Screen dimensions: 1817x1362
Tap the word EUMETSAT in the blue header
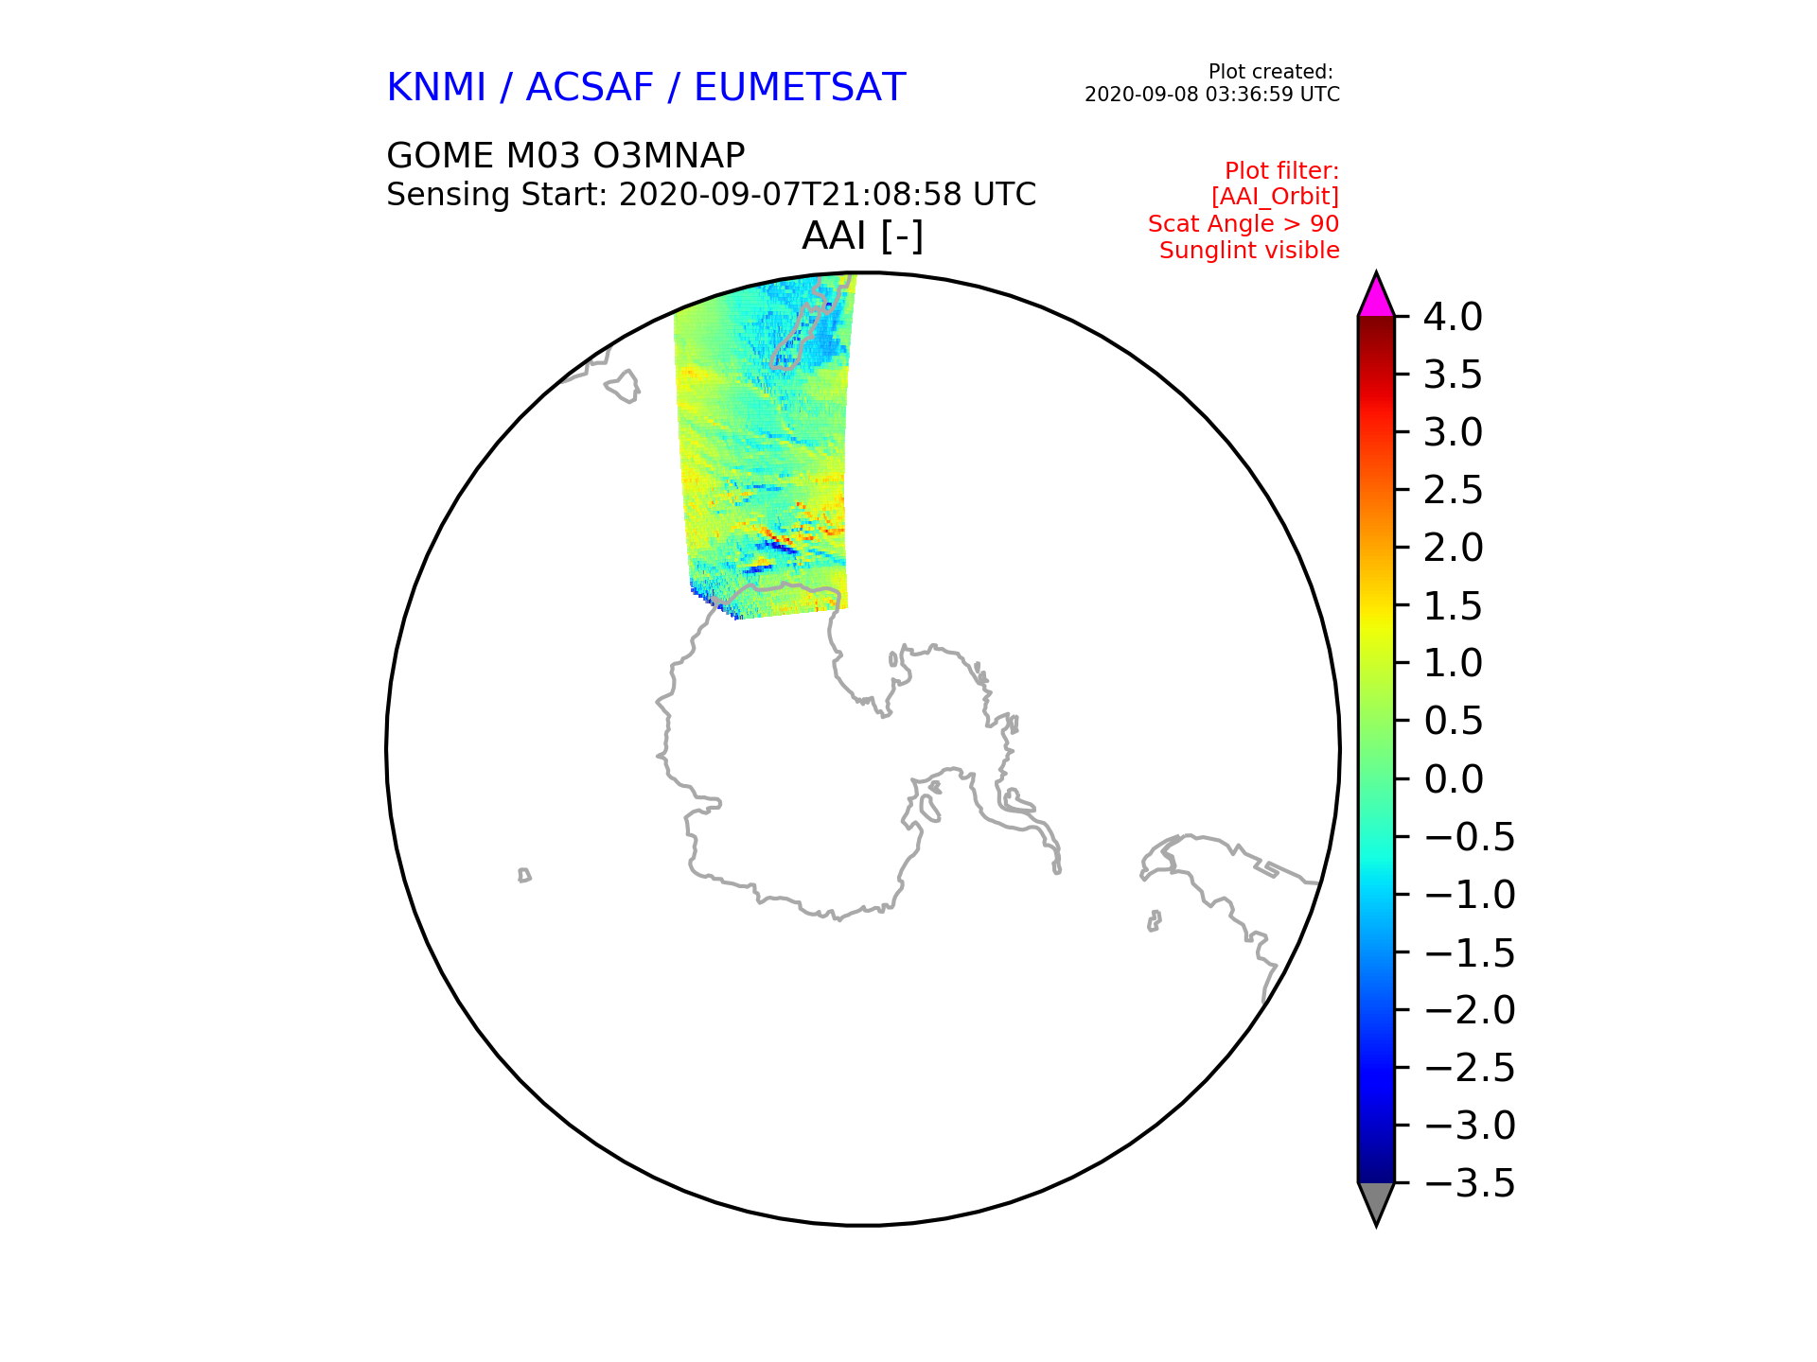tap(800, 87)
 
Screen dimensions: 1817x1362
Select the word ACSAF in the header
tap(590, 87)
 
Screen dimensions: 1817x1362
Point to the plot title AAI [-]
tap(862, 236)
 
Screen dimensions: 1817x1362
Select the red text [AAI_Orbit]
tap(1275, 197)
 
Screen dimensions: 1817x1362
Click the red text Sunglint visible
tap(1249, 251)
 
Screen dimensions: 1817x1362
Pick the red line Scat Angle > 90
tap(1244, 224)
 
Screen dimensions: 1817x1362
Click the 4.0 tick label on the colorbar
tap(1453, 317)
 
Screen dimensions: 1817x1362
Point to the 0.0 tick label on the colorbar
tap(1453, 779)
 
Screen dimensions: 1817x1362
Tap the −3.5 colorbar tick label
tap(1469, 1183)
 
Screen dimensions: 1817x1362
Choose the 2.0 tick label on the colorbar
tap(1453, 548)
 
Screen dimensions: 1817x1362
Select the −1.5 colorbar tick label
tap(1469, 952)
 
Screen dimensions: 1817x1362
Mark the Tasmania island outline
tap(623, 386)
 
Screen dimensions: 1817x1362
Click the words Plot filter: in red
tap(1281, 171)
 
